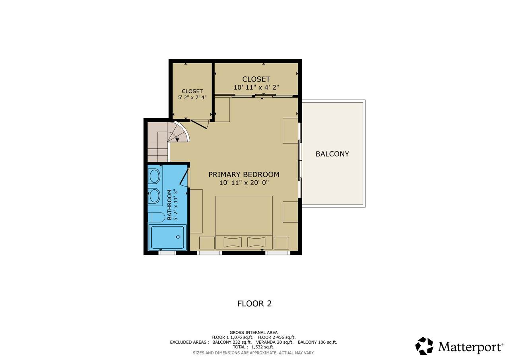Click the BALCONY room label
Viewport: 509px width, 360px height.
[332, 154]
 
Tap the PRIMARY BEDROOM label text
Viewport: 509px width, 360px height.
[244, 175]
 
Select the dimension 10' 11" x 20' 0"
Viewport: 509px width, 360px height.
[244, 183]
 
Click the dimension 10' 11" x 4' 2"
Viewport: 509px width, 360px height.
[256, 87]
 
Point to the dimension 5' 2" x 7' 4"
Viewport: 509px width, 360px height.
[192, 97]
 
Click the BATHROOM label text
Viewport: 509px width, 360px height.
[169, 205]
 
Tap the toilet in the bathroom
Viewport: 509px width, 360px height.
[156, 218]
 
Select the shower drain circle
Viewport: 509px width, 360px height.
[179, 237]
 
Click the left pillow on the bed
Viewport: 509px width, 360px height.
[233, 242]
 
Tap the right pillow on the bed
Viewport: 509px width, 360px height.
[256, 242]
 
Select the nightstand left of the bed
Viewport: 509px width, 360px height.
[207, 243]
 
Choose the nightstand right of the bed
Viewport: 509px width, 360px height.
[281, 243]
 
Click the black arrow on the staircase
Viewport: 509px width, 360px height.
[177, 140]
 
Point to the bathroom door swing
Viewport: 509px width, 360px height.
[184, 177]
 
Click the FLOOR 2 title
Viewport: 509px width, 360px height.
[254, 304]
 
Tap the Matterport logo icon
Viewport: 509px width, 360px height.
[424, 346]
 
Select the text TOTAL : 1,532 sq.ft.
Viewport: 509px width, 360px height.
[254, 347]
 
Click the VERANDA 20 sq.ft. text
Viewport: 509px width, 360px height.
[275, 342]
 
